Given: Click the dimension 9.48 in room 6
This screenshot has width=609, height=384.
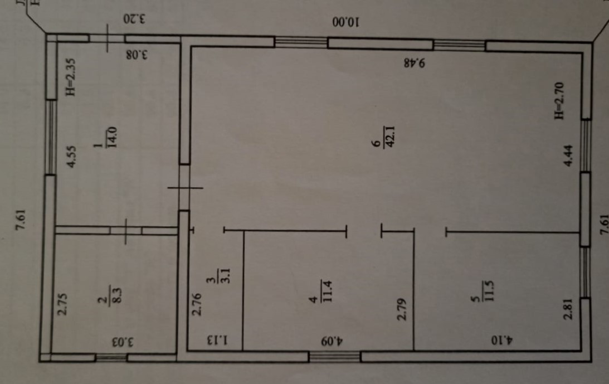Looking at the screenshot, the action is coord(415,63).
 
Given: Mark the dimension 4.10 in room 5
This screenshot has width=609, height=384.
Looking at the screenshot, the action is coord(504,339).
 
